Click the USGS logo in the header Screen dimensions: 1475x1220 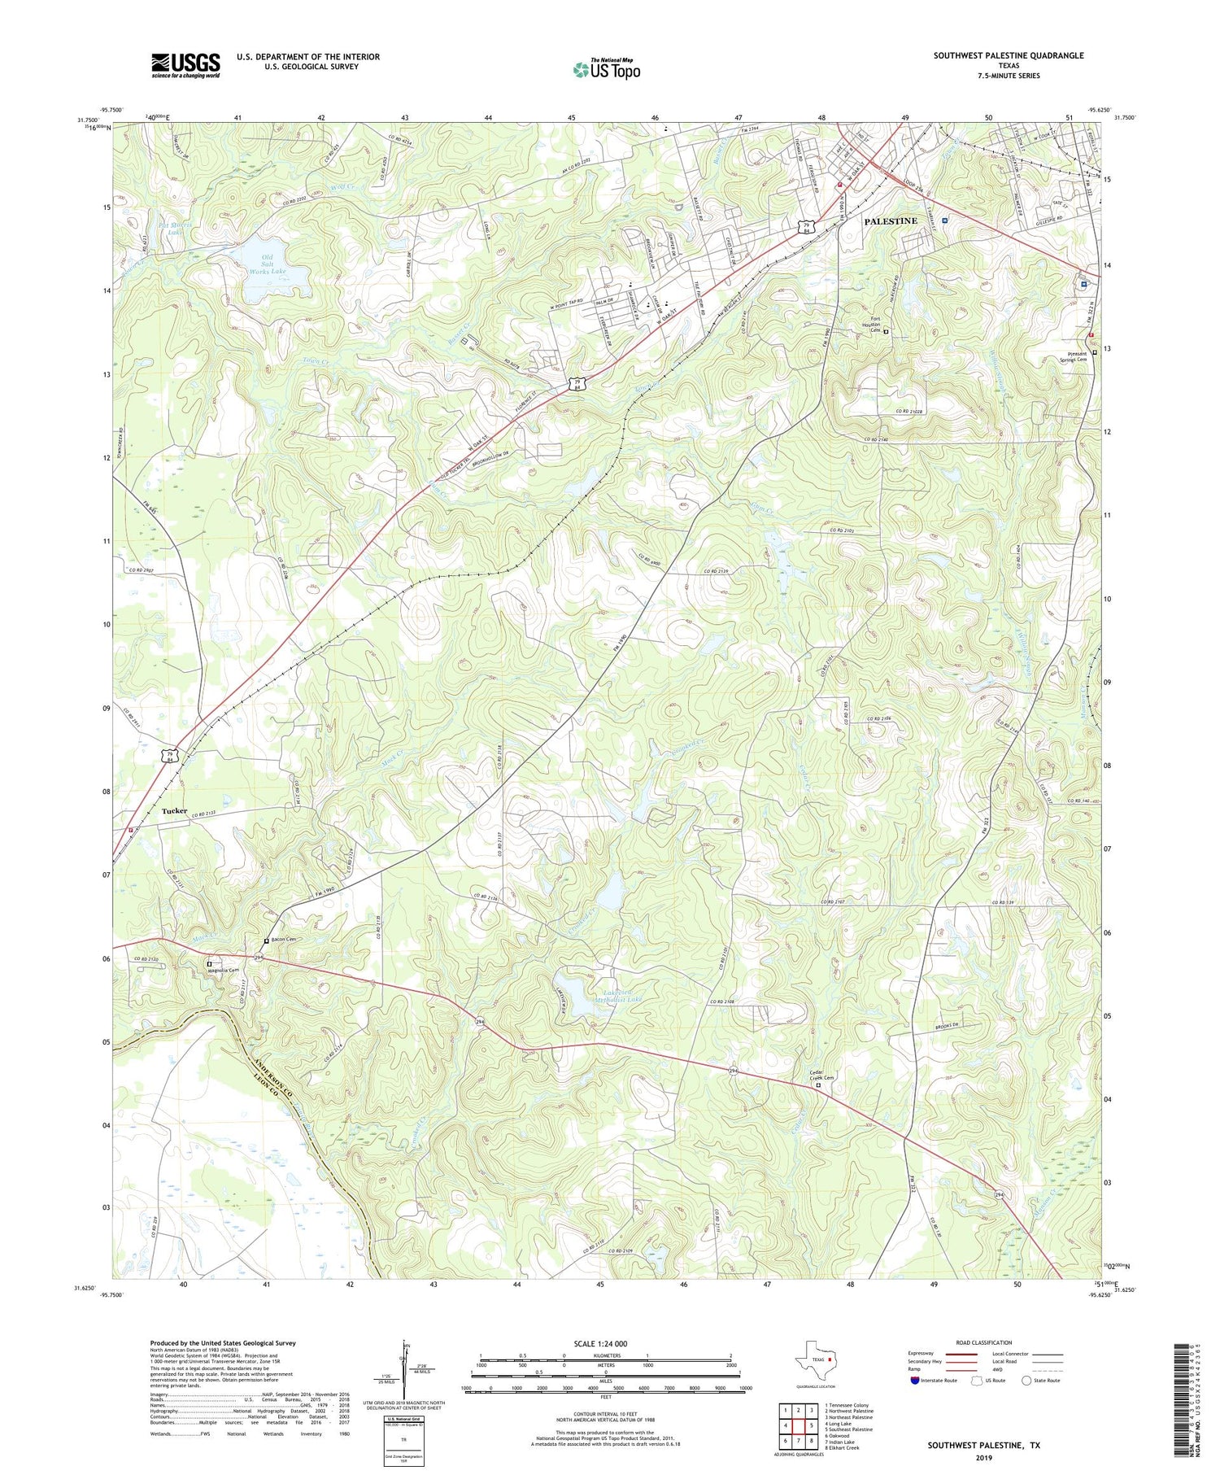185,65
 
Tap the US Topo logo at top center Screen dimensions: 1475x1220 607,70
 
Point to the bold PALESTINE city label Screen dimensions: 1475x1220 890,221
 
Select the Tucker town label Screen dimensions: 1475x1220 174,811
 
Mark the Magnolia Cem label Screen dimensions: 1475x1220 227,970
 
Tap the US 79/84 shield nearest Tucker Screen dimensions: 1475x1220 168,755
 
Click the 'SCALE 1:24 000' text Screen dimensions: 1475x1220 605,1343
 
